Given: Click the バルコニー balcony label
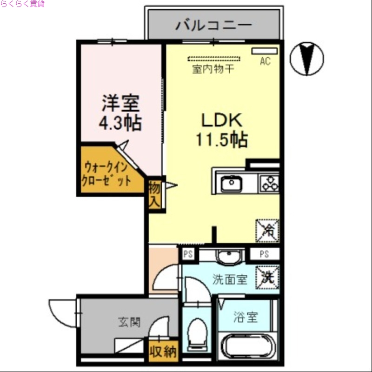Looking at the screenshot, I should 213,25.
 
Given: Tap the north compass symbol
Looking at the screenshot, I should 306,58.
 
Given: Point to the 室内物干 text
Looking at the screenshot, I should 213,70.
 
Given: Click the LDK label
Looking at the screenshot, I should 221,120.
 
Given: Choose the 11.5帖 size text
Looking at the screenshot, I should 221,139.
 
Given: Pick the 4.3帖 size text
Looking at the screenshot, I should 120,123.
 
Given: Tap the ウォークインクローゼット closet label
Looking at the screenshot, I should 106,173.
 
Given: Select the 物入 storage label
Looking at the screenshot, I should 155,194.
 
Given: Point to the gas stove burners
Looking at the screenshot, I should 269,183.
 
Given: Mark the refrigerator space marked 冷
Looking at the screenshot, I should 267,230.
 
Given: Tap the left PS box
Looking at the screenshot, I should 188,254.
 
